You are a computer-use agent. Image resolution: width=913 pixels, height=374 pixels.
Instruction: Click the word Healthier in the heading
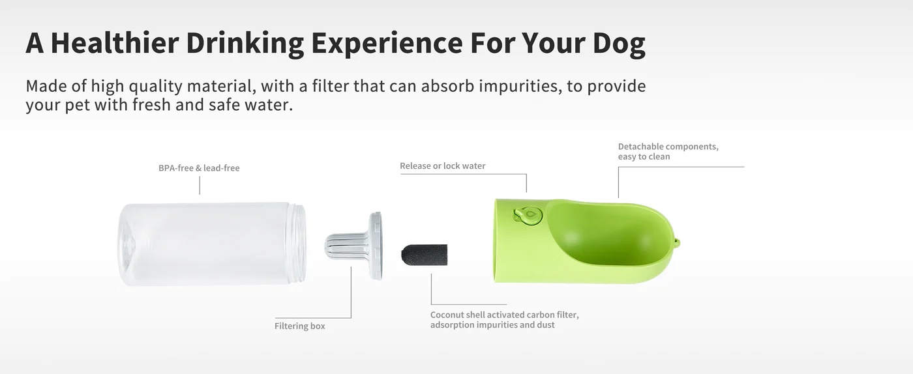[115, 43]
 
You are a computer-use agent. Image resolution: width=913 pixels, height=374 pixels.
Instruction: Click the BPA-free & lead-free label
[199, 168]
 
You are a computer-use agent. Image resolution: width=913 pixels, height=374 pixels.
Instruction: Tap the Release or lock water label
[442, 165]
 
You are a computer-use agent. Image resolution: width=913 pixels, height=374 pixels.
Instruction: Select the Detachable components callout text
[668, 152]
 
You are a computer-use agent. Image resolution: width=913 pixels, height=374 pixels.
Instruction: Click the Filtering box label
[299, 326]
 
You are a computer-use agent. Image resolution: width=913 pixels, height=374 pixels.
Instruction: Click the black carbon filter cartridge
[425, 255]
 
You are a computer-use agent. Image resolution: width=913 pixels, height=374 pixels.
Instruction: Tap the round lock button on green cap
[528, 216]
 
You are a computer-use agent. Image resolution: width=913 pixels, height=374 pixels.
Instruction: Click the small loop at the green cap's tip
[677, 244]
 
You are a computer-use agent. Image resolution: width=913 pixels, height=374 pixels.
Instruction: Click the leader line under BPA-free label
[200, 186]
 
